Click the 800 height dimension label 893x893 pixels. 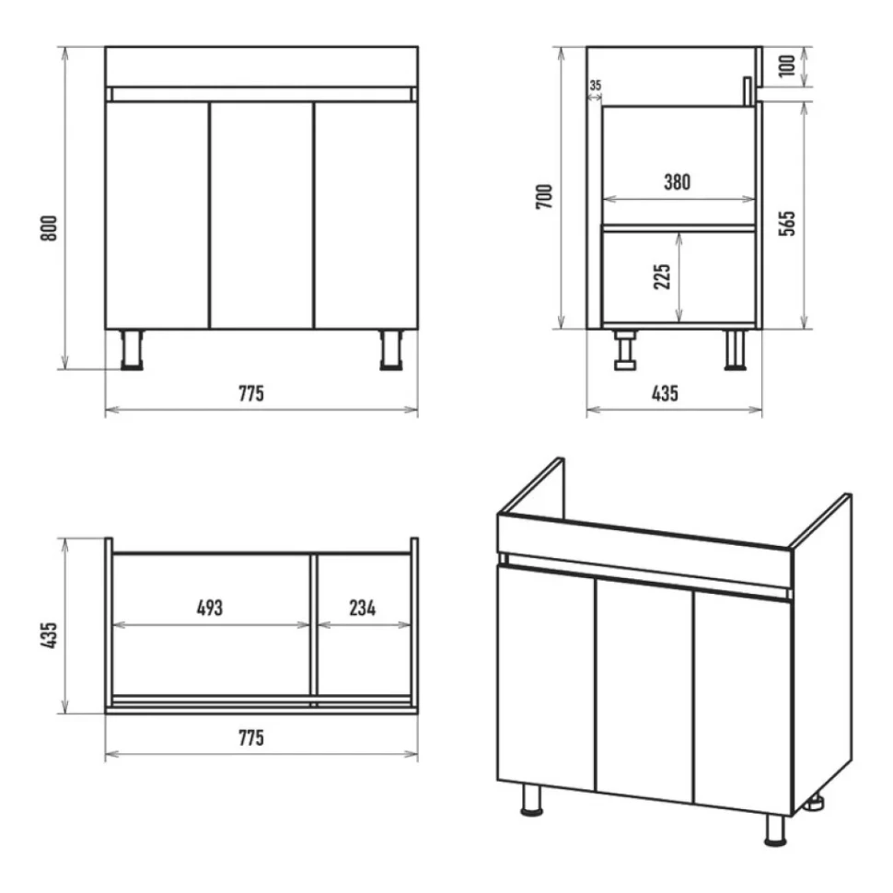(x=50, y=228)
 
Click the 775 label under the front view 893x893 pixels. (x=251, y=393)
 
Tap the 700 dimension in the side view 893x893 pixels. (x=544, y=196)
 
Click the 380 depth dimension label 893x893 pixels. (x=678, y=182)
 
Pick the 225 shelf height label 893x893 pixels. (x=662, y=277)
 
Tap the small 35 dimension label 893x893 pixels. (x=595, y=86)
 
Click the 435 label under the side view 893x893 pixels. (x=665, y=393)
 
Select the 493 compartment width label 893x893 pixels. (x=210, y=608)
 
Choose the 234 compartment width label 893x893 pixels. (x=363, y=608)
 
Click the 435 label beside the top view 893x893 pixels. (x=50, y=635)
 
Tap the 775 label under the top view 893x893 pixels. (x=251, y=738)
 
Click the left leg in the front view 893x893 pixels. (x=132, y=350)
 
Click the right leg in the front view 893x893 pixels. (x=391, y=350)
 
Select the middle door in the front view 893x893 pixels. (x=262, y=215)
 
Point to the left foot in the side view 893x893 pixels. (x=625, y=350)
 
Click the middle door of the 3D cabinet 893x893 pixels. (x=644, y=690)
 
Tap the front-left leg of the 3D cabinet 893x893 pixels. (x=532, y=800)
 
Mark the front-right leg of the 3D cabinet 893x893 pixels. (x=775, y=830)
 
